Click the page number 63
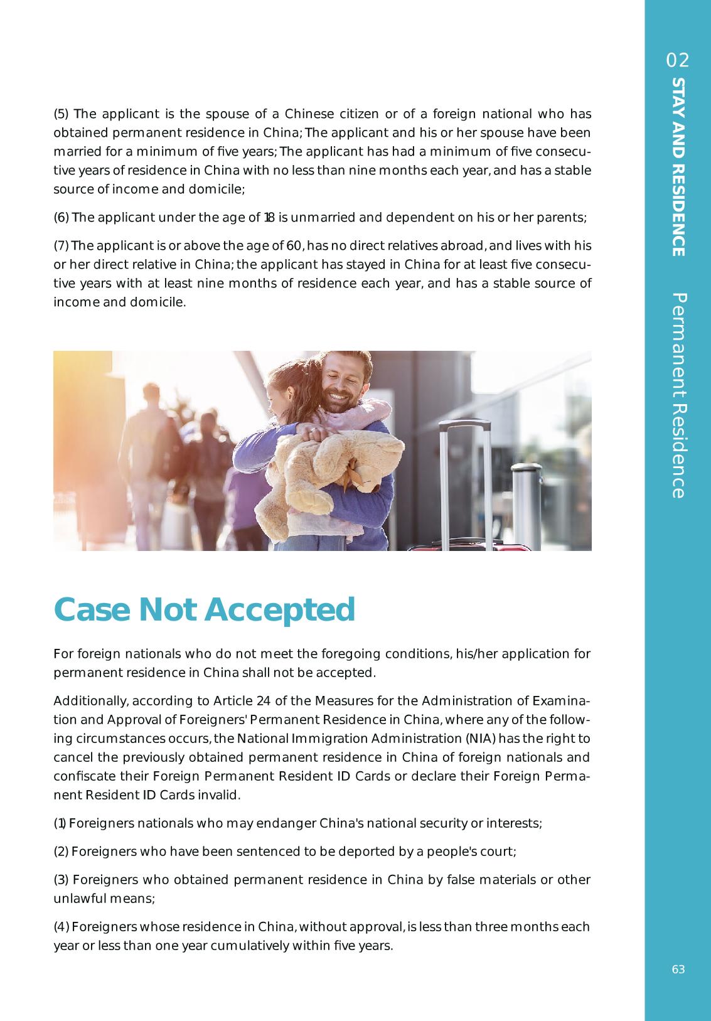(x=678, y=970)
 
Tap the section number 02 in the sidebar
(x=678, y=60)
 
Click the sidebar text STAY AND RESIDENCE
(x=678, y=167)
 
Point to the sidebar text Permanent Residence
(x=678, y=395)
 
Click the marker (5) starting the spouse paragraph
(x=62, y=114)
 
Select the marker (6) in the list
(x=61, y=218)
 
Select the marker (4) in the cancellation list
(x=61, y=927)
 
